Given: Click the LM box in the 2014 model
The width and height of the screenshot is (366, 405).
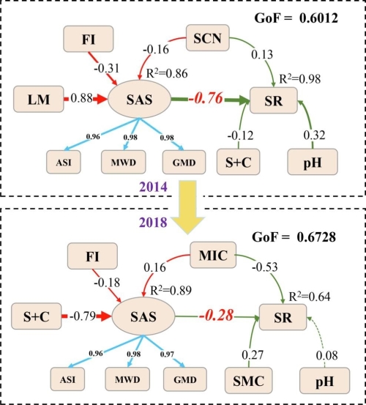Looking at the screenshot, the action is click(x=39, y=99).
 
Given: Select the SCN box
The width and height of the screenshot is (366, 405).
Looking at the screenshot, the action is click(x=207, y=37).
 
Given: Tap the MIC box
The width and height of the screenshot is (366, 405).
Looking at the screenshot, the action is click(x=213, y=255).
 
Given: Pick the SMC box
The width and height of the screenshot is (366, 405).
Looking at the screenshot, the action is click(x=249, y=381).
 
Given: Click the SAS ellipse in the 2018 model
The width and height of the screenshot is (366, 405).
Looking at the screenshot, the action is click(x=143, y=316).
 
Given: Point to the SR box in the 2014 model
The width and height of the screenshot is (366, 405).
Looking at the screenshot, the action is click(x=274, y=100).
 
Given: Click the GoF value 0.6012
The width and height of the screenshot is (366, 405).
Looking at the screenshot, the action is click(x=318, y=18).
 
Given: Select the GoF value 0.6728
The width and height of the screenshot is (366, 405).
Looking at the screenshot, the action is click(x=316, y=237).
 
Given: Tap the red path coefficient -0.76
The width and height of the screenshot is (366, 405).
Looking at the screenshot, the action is click(x=206, y=98).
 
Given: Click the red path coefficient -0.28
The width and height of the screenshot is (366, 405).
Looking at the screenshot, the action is click(x=216, y=316).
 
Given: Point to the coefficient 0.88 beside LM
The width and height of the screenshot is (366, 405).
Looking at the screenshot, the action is click(x=81, y=98).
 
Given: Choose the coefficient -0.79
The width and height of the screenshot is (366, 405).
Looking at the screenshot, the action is click(x=83, y=316).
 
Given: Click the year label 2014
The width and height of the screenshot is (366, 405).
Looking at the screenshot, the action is click(x=153, y=187).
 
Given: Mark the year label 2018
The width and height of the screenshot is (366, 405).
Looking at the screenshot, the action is click(x=153, y=223).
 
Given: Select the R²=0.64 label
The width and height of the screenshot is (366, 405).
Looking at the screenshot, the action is click(x=309, y=297).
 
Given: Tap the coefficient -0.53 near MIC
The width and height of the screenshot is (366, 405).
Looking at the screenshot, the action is click(x=265, y=267).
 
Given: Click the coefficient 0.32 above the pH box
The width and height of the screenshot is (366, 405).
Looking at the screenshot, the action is click(x=314, y=135).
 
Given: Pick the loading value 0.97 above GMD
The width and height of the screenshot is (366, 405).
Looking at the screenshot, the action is click(x=167, y=354).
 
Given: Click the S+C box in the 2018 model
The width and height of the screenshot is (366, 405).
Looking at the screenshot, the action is click(x=36, y=316).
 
